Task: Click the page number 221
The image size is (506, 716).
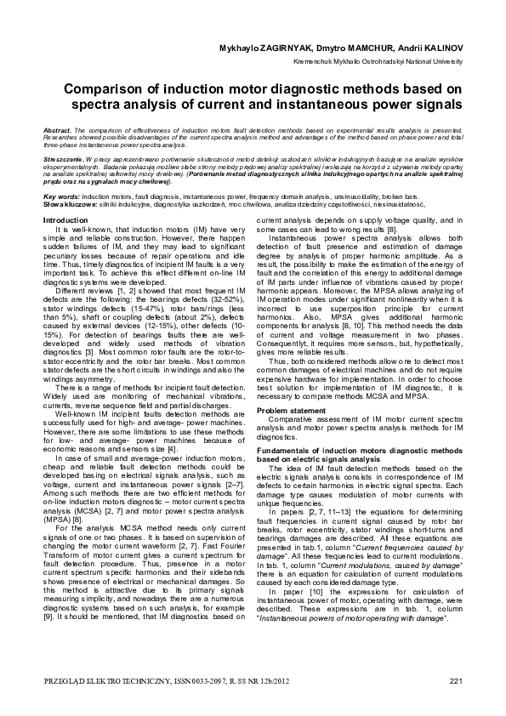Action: click(455, 679)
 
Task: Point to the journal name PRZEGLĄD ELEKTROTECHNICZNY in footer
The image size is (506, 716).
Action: click(112, 679)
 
